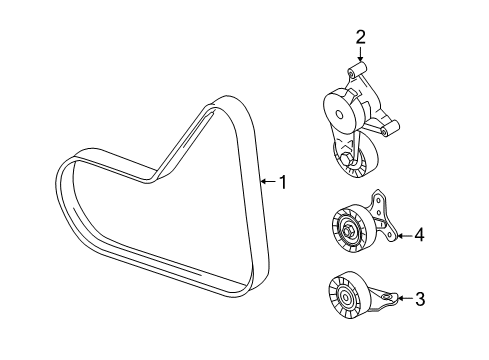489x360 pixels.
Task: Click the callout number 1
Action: tap(283, 182)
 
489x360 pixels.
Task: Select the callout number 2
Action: tap(360, 37)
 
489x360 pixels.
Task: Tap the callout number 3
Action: tap(420, 299)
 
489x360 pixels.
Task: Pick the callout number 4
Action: tap(419, 235)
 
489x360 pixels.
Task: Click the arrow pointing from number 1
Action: tap(269, 182)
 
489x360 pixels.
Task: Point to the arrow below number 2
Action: tap(360, 54)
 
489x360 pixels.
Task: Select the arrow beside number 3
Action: tap(405, 298)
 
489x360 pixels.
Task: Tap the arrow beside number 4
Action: tap(405, 236)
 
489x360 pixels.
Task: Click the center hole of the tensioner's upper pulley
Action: tap(339, 115)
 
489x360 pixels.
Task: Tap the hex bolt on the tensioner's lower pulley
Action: tap(347, 159)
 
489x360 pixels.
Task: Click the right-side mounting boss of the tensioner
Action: tap(390, 128)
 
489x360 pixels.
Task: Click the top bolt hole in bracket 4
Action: tap(378, 200)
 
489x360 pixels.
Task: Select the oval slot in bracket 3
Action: tap(387, 296)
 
